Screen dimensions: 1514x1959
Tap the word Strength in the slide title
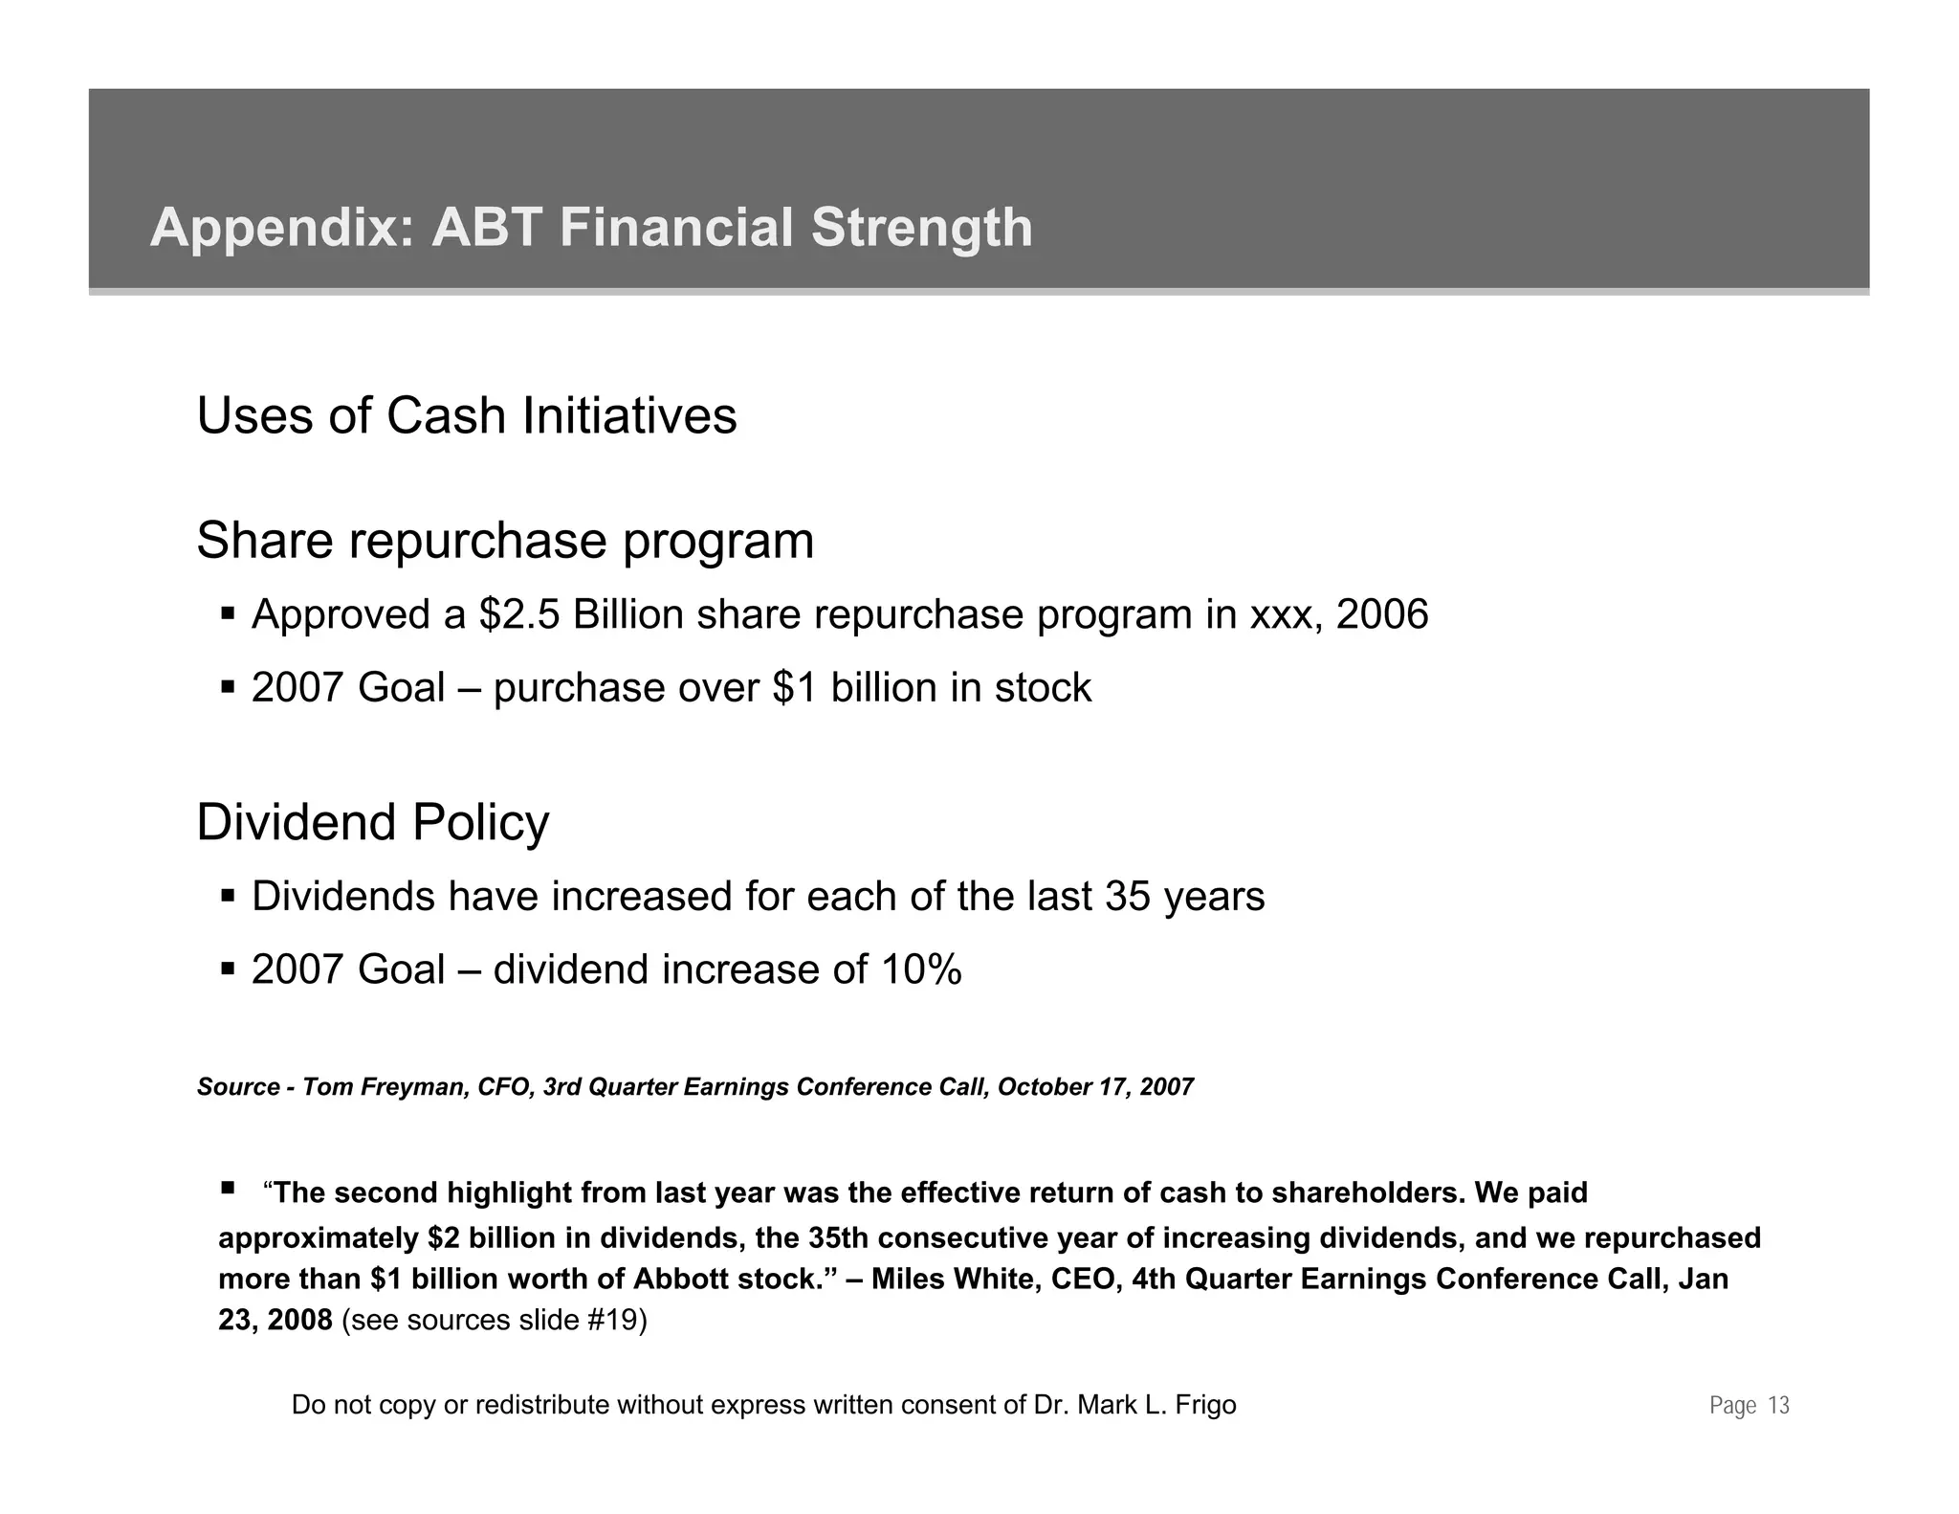click(922, 229)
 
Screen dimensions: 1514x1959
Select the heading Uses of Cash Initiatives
click(467, 416)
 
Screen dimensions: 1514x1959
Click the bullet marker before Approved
click(228, 612)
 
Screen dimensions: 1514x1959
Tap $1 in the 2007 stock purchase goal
click(795, 688)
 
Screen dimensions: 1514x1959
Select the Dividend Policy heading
click(373, 823)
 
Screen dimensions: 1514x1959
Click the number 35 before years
click(1128, 897)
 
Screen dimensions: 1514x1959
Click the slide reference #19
click(616, 1321)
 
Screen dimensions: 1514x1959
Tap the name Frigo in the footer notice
click(1204, 1405)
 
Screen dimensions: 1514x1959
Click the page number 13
click(1778, 1406)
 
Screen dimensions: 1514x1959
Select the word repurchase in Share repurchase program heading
click(478, 541)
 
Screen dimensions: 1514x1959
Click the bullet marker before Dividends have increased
click(228, 896)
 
